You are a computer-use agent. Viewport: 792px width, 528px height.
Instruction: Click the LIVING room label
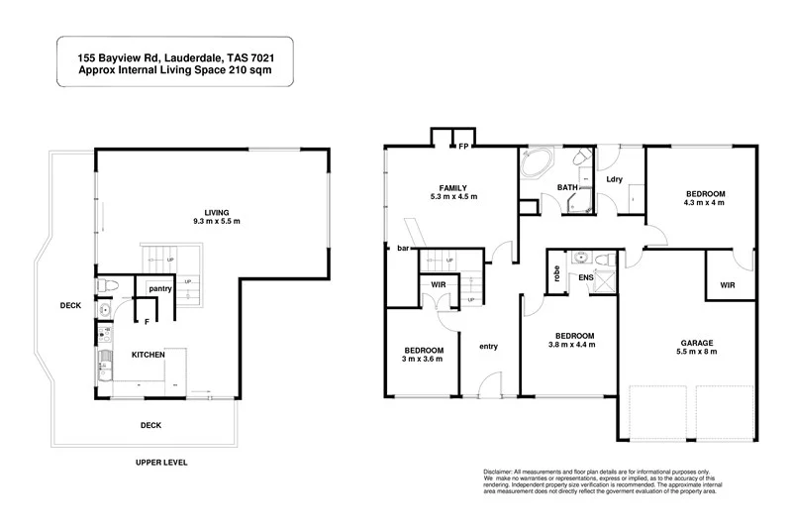point(215,211)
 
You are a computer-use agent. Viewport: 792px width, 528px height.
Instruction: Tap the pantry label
point(160,288)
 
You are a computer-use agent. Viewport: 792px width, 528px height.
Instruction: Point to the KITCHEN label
point(148,354)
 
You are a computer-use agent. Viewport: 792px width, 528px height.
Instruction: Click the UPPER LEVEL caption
point(161,462)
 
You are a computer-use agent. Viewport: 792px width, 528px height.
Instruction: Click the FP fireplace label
point(462,147)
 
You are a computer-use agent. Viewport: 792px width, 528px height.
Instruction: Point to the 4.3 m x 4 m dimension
point(705,203)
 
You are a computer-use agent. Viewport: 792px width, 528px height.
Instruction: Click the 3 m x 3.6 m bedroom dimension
point(423,361)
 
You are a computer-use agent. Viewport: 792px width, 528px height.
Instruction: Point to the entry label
point(489,346)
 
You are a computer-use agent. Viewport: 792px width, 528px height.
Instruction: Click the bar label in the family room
point(404,248)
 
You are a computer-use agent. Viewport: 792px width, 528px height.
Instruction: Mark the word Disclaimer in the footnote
point(502,472)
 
